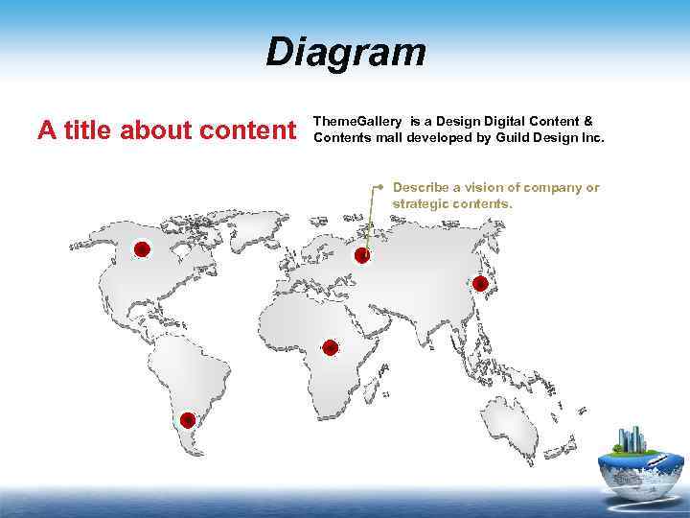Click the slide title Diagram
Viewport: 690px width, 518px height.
click(345, 52)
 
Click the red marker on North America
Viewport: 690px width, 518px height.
click(142, 249)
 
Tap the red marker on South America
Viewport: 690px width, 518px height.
click(188, 419)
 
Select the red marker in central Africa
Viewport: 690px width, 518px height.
click(330, 347)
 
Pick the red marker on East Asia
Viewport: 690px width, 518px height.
click(480, 283)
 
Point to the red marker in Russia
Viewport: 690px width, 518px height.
click(362, 255)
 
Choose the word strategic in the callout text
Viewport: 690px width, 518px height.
click(423, 204)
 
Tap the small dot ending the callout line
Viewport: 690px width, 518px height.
click(380, 182)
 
